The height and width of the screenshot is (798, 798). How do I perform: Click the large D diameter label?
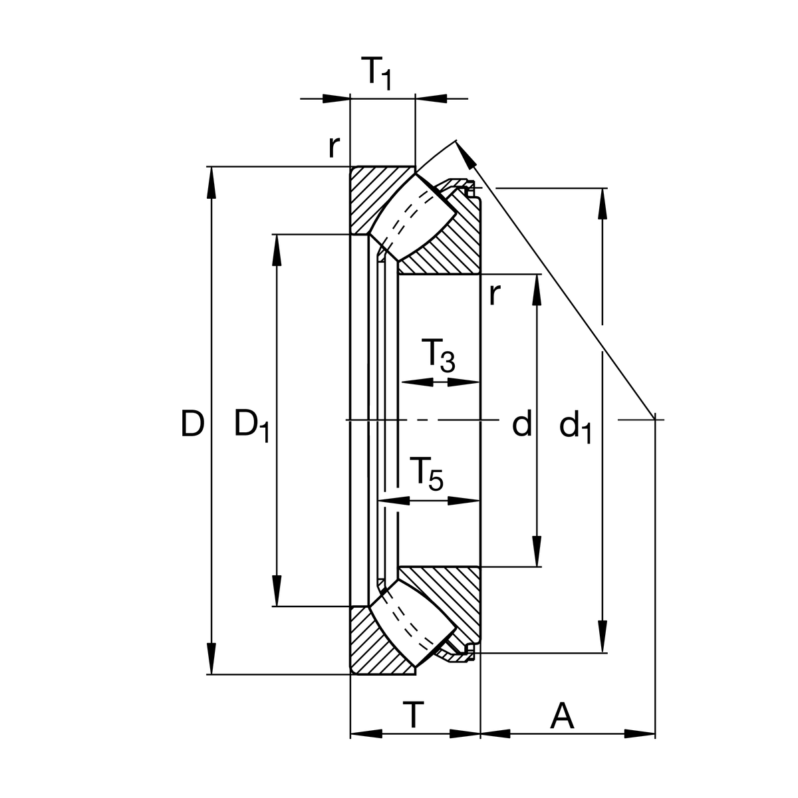[192, 424]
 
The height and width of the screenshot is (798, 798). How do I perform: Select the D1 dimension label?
[251, 426]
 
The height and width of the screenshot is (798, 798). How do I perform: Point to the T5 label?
[426, 473]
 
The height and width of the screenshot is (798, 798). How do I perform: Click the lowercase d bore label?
[522, 424]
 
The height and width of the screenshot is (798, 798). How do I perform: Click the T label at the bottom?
[414, 716]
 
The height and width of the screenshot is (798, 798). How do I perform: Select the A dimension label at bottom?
[562, 716]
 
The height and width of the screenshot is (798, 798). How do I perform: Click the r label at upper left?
[334, 147]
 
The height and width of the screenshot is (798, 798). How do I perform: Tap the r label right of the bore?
[493, 294]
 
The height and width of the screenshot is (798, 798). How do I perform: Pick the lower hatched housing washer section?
[372, 645]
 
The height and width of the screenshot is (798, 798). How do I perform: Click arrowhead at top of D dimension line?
[212, 180]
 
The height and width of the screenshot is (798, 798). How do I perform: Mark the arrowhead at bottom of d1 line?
[602, 638]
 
